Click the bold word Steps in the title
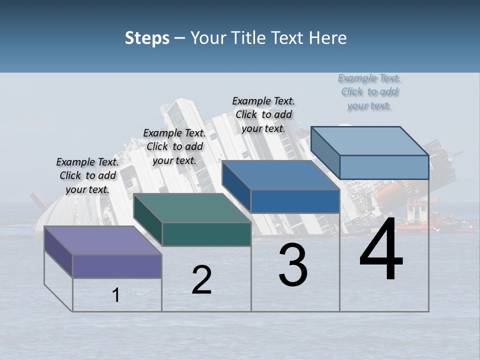coord(147,38)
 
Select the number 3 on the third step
coord(293,265)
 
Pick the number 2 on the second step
coord(201,280)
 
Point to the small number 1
coord(116,295)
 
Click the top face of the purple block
coord(102,240)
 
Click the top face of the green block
coord(192,208)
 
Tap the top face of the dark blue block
coord(280,175)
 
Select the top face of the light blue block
coord(370,141)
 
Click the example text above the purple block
coord(87,175)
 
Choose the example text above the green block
coord(174,146)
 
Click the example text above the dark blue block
coord(263,114)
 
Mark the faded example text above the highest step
coord(369,92)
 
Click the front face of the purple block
coord(117,266)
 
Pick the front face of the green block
coord(206,234)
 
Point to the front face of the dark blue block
coord(295,201)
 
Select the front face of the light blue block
coord(384,167)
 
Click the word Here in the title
coord(328,38)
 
